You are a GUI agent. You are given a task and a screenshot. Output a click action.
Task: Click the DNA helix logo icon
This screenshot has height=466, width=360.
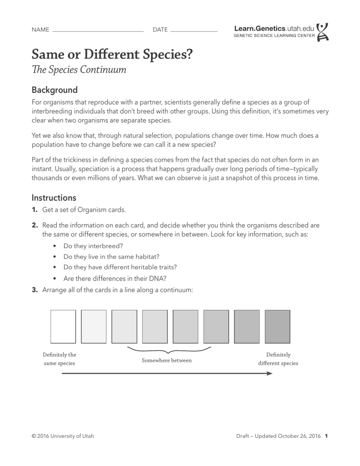323,32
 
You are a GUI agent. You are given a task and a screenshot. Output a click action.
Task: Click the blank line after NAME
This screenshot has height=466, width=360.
98,30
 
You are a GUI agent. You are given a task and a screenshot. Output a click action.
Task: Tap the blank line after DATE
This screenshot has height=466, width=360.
194,30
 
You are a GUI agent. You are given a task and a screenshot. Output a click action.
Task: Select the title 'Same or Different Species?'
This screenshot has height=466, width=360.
112,55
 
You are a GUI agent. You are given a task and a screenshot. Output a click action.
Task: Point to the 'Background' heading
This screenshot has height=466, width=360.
54,90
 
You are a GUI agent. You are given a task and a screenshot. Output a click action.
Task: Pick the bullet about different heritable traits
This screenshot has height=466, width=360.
120,267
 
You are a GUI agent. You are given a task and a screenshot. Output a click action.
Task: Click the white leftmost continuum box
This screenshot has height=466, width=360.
63,326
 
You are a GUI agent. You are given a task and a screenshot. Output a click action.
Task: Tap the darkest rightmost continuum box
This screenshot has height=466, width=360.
277,326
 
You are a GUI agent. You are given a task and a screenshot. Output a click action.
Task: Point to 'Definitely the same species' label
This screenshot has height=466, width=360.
60,359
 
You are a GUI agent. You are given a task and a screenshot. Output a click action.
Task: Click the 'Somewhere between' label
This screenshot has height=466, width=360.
167,361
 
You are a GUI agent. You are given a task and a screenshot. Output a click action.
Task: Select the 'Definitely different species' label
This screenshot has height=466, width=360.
278,359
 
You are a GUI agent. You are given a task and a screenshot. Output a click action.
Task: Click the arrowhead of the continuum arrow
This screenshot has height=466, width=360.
270,374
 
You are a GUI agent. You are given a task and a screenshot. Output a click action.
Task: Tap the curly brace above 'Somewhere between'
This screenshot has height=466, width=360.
169,350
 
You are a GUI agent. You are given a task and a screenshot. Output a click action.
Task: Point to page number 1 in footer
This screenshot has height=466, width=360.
326,436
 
